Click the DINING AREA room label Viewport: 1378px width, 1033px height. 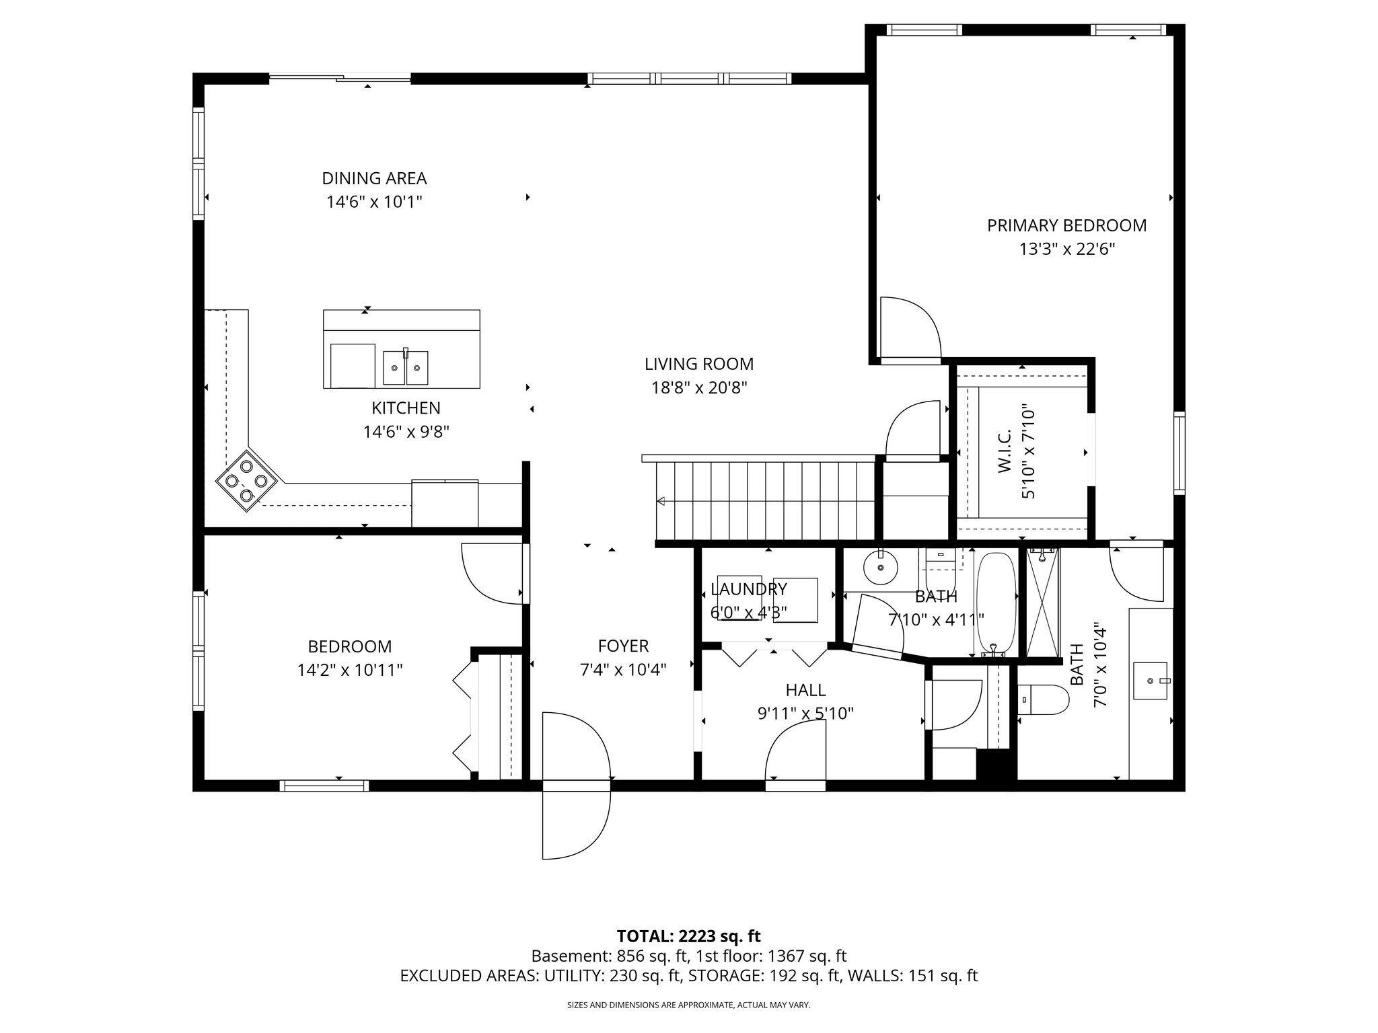374,178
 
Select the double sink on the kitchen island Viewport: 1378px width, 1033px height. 406,367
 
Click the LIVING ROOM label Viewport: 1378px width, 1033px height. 699,364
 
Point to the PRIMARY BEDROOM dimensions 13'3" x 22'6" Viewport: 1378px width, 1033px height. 1067,250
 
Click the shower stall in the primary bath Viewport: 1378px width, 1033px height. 1043,603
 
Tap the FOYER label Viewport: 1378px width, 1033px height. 623,646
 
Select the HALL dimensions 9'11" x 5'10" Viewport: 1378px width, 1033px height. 806,714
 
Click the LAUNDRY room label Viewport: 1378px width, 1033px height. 749,590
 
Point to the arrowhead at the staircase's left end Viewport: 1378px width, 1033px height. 661,501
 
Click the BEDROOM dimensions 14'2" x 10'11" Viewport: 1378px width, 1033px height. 350,670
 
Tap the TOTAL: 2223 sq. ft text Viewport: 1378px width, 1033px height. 688,935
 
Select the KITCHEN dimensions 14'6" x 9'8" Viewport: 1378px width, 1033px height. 406,431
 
